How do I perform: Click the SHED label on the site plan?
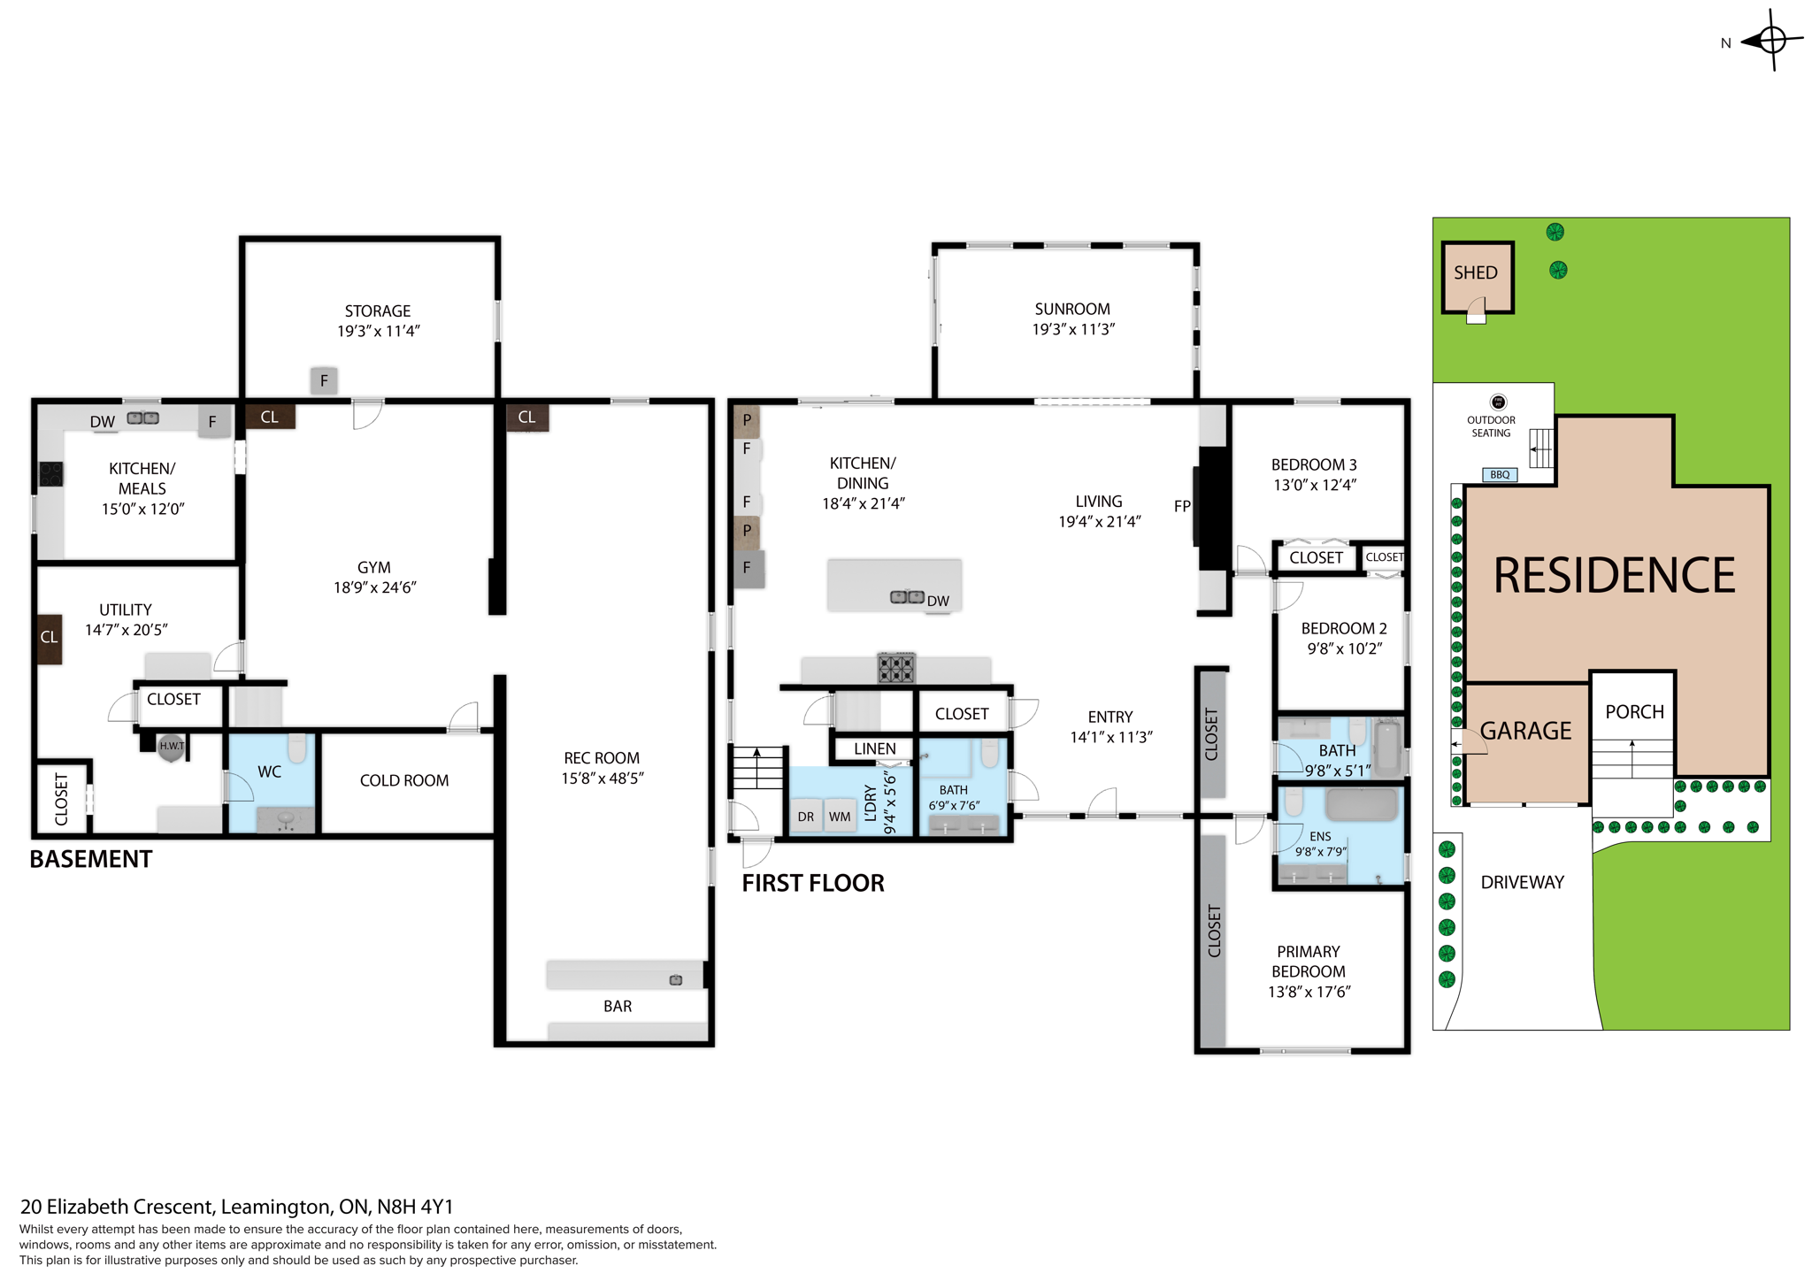[x=1475, y=272]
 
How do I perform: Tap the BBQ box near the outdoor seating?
[x=1500, y=475]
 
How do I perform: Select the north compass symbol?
[x=1770, y=41]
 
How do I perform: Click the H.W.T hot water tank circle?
[x=172, y=747]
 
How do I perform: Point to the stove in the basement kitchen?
[x=51, y=474]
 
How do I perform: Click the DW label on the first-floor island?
[x=938, y=602]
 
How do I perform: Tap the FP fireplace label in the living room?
[x=1182, y=506]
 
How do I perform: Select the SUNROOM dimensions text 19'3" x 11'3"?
[x=1073, y=329]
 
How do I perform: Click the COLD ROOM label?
[x=404, y=780]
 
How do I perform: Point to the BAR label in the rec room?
[x=618, y=1006]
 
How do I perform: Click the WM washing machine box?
[x=840, y=817]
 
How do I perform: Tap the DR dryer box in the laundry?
[x=806, y=817]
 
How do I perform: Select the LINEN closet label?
[x=874, y=748]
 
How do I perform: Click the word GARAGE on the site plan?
[x=1526, y=731]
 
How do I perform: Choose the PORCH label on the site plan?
[x=1634, y=712]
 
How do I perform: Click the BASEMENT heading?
[x=91, y=859]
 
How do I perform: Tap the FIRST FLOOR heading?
[x=812, y=883]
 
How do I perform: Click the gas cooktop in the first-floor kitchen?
[x=896, y=667]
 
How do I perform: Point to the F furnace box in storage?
[x=324, y=380]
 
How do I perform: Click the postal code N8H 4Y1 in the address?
[x=415, y=1207]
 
